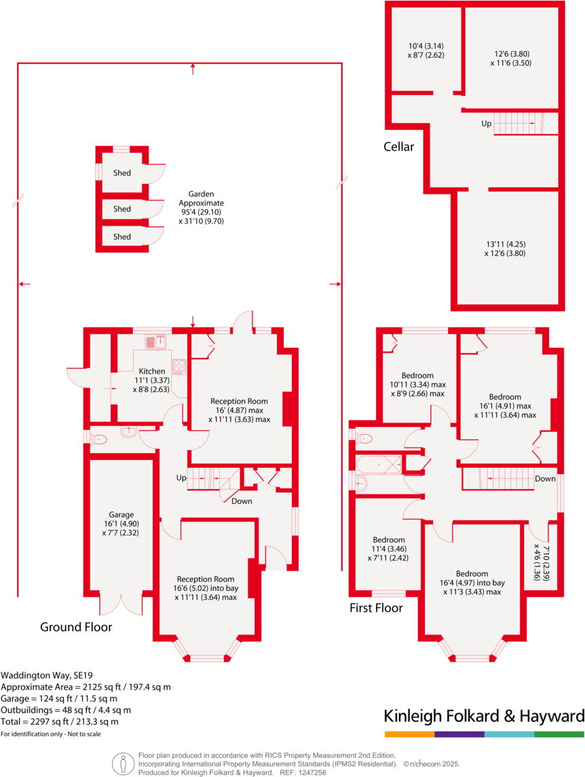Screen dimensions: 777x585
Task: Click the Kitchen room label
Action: click(x=151, y=371)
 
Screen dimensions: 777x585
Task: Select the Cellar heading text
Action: click(x=398, y=146)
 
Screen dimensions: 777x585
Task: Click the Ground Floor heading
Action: click(x=76, y=627)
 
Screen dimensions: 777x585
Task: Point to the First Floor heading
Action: click(x=376, y=608)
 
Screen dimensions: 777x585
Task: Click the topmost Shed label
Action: click(x=122, y=173)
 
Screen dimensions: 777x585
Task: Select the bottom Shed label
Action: click(x=122, y=237)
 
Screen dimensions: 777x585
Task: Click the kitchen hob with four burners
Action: click(x=179, y=366)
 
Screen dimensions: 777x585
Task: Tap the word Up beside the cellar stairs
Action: click(x=487, y=124)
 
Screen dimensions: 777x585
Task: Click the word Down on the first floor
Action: click(x=545, y=478)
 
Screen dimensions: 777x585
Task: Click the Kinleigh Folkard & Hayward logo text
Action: click(x=484, y=716)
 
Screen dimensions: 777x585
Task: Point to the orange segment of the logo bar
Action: click(x=409, y=734)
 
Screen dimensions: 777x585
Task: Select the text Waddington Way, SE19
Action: click(x=45, y=675)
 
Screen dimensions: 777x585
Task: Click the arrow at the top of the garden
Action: click(x=193, y=67)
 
